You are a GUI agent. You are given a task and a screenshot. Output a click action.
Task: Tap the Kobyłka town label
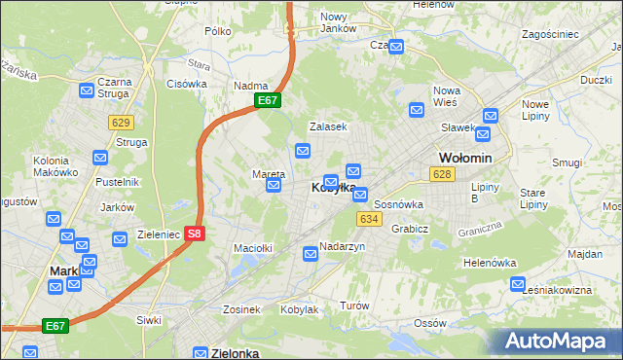pyautogui.click(x=333, y=188)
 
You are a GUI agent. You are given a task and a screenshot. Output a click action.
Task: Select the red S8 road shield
pyautogui.click(x=195, y=234)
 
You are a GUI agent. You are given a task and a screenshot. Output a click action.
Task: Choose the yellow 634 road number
pyautogui.click(x=368, y=219)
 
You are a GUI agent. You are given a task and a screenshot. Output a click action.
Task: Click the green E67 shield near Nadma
pyautogui.click(x=268, y=100)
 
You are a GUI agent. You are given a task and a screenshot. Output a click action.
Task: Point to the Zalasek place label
pyautogui.click(x=328, y=126)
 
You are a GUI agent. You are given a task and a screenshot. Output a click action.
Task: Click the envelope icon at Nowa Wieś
pyautogui.click(x=417, y=110)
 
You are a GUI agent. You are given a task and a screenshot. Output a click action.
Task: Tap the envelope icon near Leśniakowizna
pyautogui.click(x=517, y=284)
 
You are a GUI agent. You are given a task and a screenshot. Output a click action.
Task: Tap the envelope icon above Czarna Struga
pyautogui.click(x=86, y=90)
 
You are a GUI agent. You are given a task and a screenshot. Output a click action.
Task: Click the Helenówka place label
pyautogui.click(x=489, y=263)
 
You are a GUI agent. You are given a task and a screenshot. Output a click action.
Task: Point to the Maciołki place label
pyautogui.click(x=252, y=248)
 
